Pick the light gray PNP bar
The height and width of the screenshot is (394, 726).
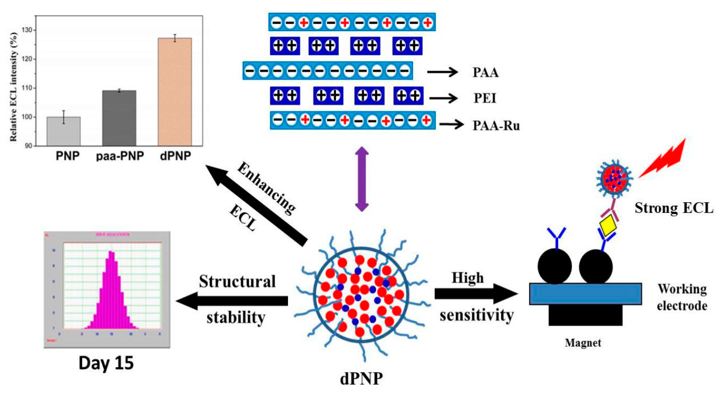64,131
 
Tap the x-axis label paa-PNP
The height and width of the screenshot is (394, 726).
120,156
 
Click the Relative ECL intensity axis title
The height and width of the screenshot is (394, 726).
14,87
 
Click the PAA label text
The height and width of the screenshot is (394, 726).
485,72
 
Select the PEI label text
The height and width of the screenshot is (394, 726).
485,98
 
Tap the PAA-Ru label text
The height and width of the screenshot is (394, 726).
496,125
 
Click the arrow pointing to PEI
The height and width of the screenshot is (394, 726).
443,98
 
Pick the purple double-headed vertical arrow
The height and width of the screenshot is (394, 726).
362,179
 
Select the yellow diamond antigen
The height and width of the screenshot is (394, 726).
608,225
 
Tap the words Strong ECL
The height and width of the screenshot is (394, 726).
674,208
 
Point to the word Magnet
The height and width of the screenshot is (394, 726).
583,343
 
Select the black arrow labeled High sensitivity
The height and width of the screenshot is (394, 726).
476,294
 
